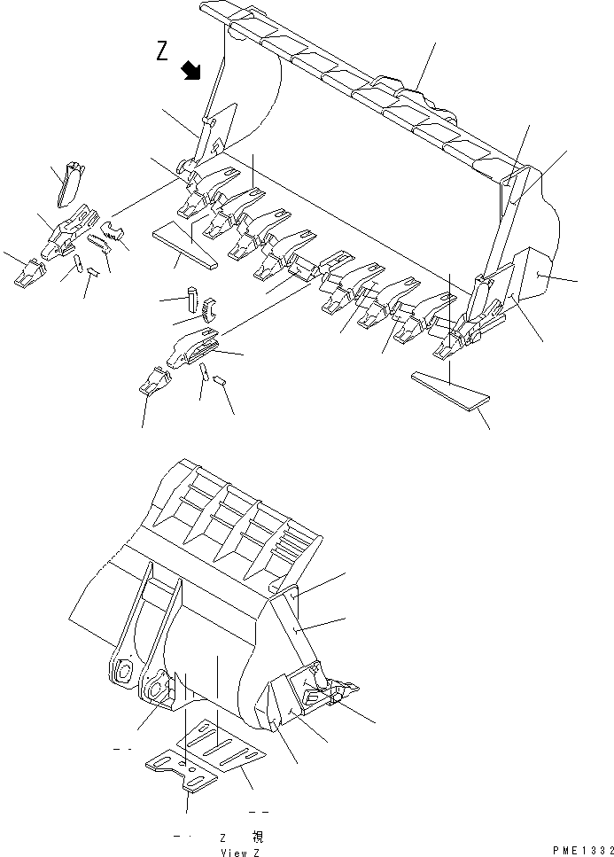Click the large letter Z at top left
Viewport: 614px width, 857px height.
[x=162, y=52]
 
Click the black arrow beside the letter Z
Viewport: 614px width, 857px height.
[x=191, y=71]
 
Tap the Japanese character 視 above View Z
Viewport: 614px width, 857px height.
[x=257, y=836]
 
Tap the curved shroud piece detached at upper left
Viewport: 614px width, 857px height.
[x=67, y=181]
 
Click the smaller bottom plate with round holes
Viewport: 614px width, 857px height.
[x=183, y=767]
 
